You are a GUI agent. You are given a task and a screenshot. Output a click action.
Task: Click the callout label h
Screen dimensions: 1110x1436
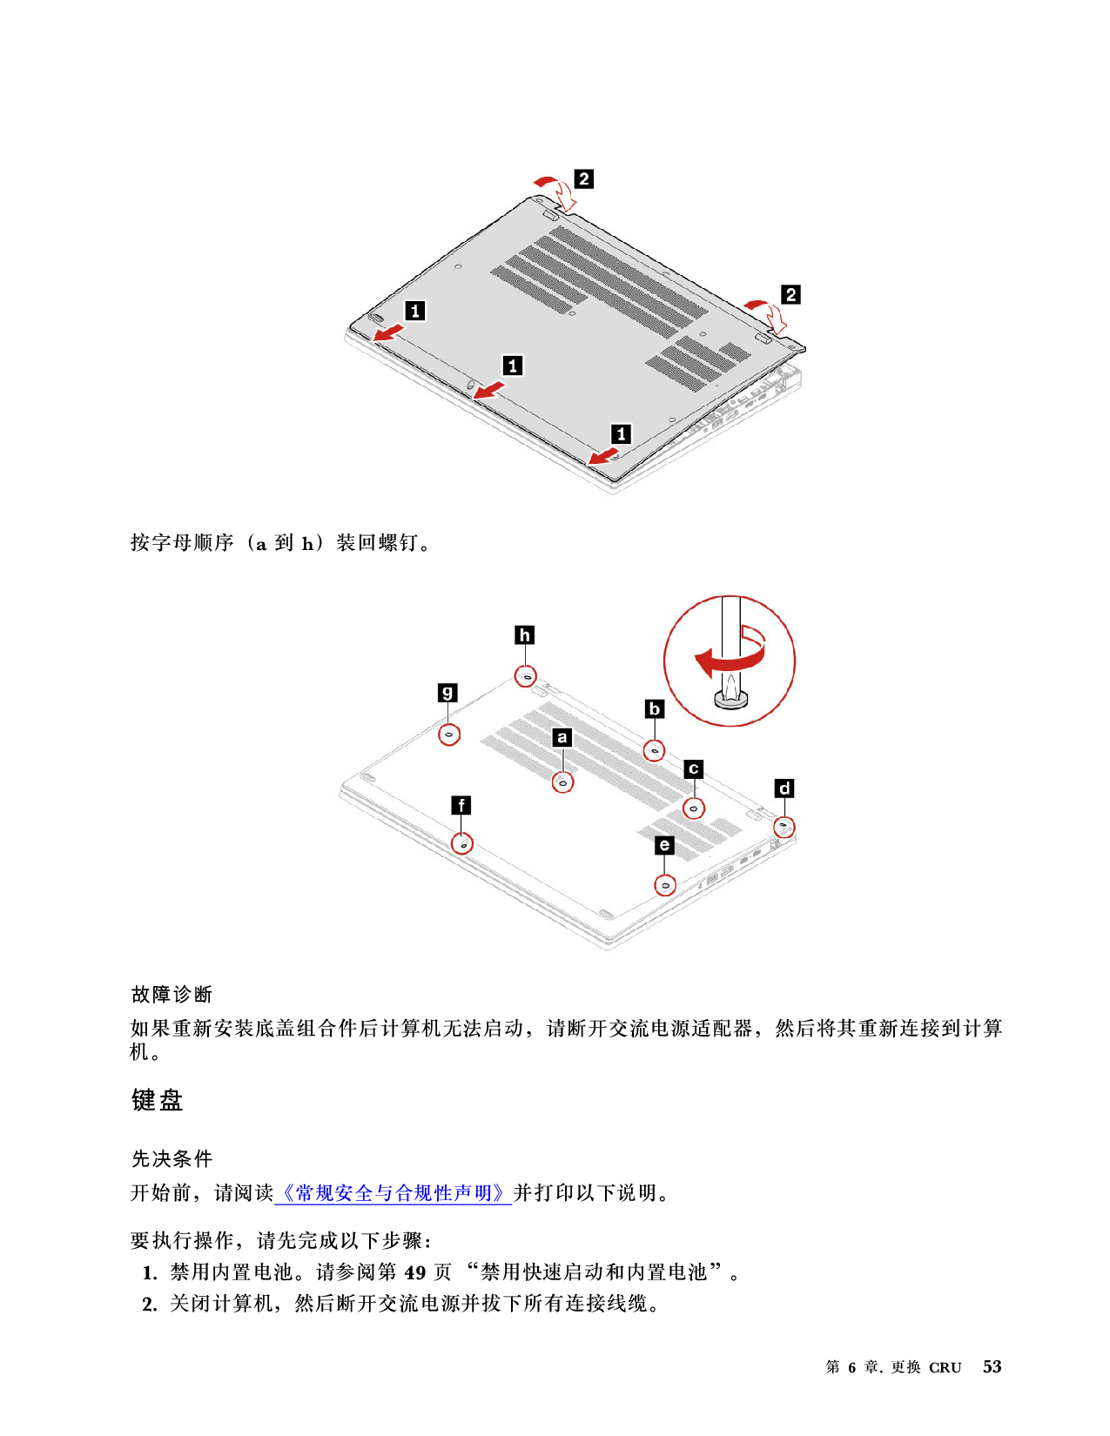524,635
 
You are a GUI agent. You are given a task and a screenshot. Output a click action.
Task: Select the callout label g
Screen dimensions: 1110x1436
447,693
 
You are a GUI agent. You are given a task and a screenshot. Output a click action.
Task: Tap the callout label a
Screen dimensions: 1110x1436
562,737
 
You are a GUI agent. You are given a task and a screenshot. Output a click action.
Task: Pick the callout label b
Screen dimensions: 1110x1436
654,709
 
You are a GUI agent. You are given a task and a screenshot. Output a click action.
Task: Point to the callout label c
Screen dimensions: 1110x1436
694,768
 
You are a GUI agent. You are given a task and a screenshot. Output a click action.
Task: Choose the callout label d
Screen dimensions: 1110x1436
784,788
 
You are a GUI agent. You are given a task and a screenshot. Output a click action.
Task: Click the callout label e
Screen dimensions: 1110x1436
664,845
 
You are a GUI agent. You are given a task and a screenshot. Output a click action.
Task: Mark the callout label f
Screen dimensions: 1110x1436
461,806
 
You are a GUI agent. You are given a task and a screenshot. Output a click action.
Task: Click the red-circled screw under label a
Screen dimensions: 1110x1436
562,782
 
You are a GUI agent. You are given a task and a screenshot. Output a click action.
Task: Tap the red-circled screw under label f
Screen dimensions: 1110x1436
462,843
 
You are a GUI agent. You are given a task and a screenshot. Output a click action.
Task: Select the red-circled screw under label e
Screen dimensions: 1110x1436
665,885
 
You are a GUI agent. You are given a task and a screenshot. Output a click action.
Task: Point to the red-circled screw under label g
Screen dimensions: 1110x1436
449,735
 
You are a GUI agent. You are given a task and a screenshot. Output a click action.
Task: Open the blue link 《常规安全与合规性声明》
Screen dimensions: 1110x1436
393,1193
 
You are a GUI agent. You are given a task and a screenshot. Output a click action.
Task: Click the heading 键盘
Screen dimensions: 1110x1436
157,1100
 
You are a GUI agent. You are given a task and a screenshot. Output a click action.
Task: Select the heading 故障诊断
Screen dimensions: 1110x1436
172,995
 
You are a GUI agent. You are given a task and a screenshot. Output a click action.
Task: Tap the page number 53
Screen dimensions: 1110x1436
992,1366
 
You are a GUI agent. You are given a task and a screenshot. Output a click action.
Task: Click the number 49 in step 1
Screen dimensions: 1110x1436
414,1272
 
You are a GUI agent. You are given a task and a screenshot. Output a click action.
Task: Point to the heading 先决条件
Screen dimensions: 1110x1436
172,1158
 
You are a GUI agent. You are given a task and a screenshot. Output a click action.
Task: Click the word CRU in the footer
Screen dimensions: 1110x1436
945,1368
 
